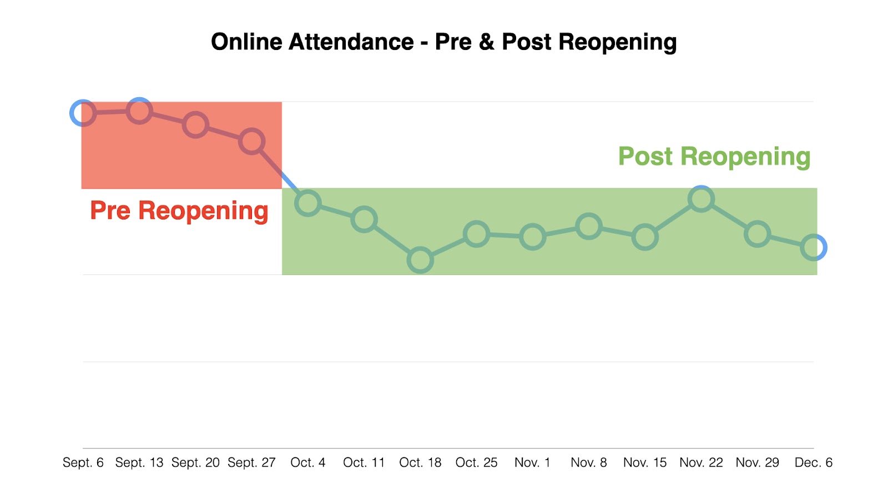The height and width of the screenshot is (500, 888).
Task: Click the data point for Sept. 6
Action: click(83, 113)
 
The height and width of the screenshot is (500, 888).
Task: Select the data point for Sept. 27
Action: click(251, 141)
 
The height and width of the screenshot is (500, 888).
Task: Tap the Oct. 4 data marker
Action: click(308, 203)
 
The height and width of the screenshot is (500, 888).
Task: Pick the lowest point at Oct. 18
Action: click(420, 260)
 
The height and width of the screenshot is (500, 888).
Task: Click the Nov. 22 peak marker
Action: click(701, 199)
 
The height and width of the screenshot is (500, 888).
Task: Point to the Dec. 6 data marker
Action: click(814, 247)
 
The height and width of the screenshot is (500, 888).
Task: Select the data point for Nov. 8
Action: click(589, 226)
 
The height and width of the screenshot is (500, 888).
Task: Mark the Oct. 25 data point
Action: click(476, 234)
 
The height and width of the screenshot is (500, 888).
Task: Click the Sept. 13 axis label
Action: click(139, 462)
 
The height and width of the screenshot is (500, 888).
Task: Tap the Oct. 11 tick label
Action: click(364, 462)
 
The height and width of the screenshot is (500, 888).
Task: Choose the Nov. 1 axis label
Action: click(532, 462)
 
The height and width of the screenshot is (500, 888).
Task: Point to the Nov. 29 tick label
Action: click(757, 462)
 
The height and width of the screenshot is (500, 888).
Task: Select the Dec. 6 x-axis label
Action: click(813, 462)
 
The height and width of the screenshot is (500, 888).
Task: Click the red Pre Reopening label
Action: click(179, 211)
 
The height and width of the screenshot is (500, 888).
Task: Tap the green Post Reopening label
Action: click(714, 157)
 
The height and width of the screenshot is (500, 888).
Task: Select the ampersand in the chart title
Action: click(486, 42)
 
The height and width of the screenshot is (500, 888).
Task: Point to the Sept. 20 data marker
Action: click(195, 125)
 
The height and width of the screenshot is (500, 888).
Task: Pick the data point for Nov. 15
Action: click(645, 237)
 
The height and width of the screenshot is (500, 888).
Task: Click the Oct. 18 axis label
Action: click(420, 462)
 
